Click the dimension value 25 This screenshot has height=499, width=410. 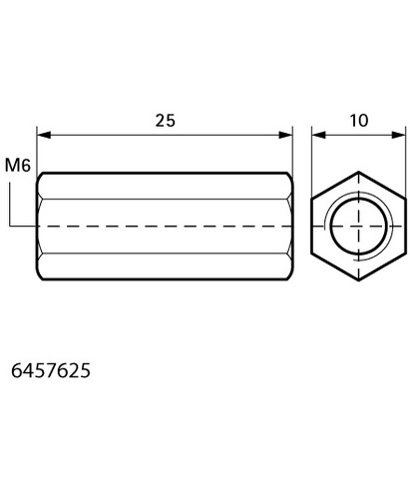click(166, 121)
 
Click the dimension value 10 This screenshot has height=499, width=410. click(359, 121)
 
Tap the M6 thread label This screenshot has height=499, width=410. click(18, 165)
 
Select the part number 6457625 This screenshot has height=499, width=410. click(51, 370)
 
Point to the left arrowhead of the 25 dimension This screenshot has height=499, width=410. click(44, 135)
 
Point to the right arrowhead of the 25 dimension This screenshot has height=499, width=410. click(285, 135)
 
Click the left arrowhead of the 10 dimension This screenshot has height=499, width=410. click(318, 135)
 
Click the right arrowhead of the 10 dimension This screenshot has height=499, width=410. click(399, 135)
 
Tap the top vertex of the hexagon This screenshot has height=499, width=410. click(358, 172)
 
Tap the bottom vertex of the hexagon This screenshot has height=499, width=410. click(358, 280)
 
